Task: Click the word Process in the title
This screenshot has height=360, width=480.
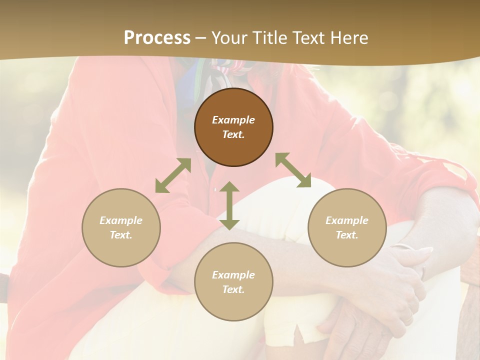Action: tap(157, 38)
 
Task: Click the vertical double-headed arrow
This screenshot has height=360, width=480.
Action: tap(229, 206)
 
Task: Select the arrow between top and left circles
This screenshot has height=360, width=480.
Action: tap(173, 175)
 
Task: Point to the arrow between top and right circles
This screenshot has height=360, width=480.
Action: tap(293, 170)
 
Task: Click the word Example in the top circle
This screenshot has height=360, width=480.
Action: tap(233, 120)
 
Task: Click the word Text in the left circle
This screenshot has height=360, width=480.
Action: tap(121, 235)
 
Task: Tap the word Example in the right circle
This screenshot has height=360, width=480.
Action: tap(347, 220)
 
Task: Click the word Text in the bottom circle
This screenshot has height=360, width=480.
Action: tap(233, 289)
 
